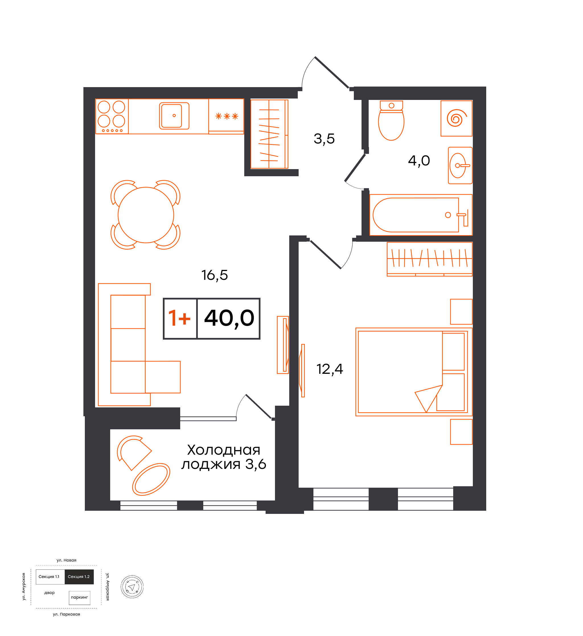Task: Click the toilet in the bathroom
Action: coord(391,120)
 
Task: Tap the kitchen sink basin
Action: coord(174,116)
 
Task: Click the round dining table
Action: coord(146,215)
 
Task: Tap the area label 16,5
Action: coord(215,275)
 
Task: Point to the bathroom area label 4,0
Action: coord(419,161)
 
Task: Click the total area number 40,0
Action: coord(229,318)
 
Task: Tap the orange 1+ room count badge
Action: coord(180,318)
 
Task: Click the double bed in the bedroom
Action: coord(414,372)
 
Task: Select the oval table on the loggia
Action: coord(151,479)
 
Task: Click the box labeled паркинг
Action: coord(79,598)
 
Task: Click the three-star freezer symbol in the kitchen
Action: coord(227,116)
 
